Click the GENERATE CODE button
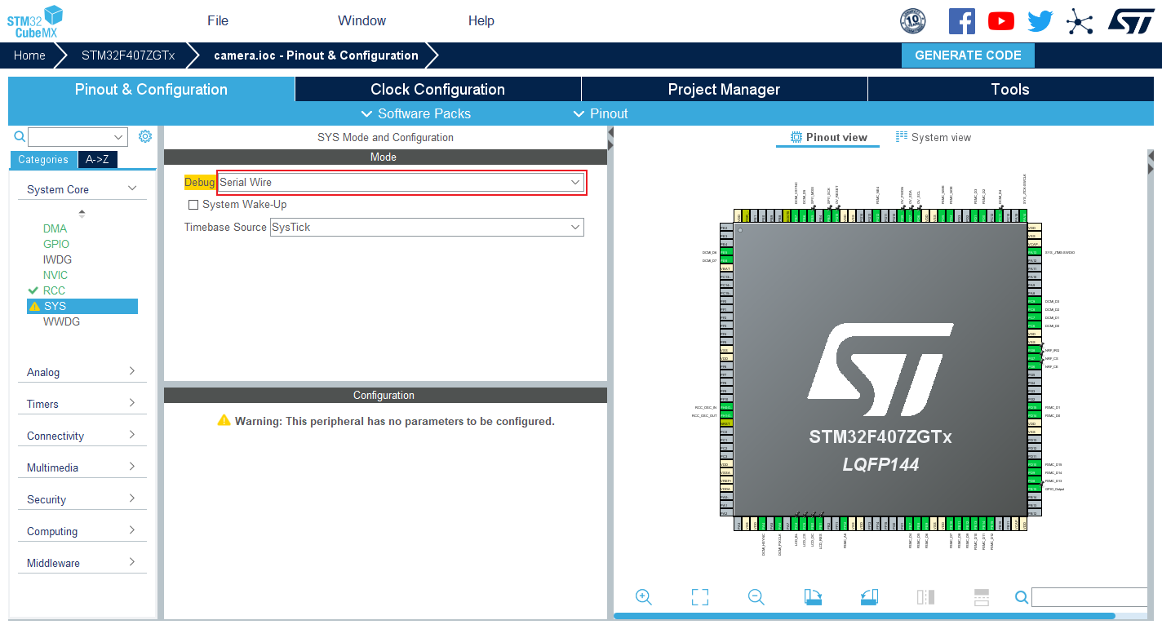pos(968,55)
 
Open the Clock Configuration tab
pos(437,90)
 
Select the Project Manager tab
pos(724,90)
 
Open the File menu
pos(218,21)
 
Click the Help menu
pos(481,21)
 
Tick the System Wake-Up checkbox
pos(193,205)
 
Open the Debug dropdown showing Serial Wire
pos(401,183)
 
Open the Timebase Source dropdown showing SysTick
pos(427,227)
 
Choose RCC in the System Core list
pos(54,290)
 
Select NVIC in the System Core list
pos(55,275)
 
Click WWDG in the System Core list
pos(61,321)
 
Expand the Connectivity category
pos(81,436)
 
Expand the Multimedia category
pos(81,467)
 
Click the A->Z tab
pos(97,160)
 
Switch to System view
pos(934,137)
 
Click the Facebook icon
pos(962,21)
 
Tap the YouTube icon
pos(1001,21)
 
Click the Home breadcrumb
pos(29,55)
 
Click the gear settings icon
pos(145,136)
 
